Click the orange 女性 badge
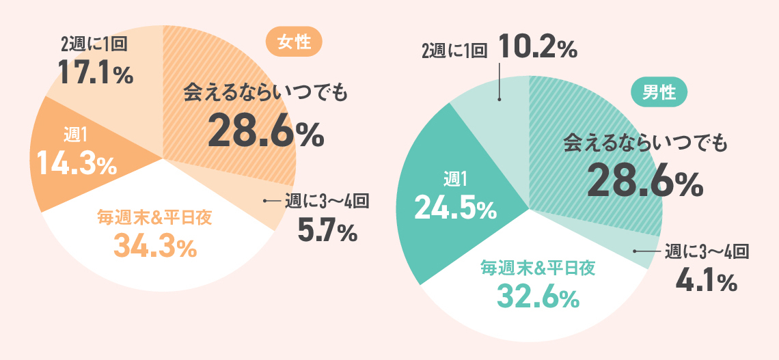pyautogui.click(x=294, y=43)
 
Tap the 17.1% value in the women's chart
pyautogui.click(x=95, y=72)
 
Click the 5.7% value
pyautogui.click(x=327, y=232)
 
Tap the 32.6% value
pyautogui.click(x=538, y=296)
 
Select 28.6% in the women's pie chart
pyautogui.click(x=265, y=132)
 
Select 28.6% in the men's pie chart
pyautogui.click(x=644, y=180)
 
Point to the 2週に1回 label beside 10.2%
pyautogui.click(x=454, y=51)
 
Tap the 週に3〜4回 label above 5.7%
pyautogui.click(x=327, y=202)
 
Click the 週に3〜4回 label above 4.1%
pyautogui.click(x=707, y=251)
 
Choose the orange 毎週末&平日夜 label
pyautogui.click(x=154, y=219)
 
